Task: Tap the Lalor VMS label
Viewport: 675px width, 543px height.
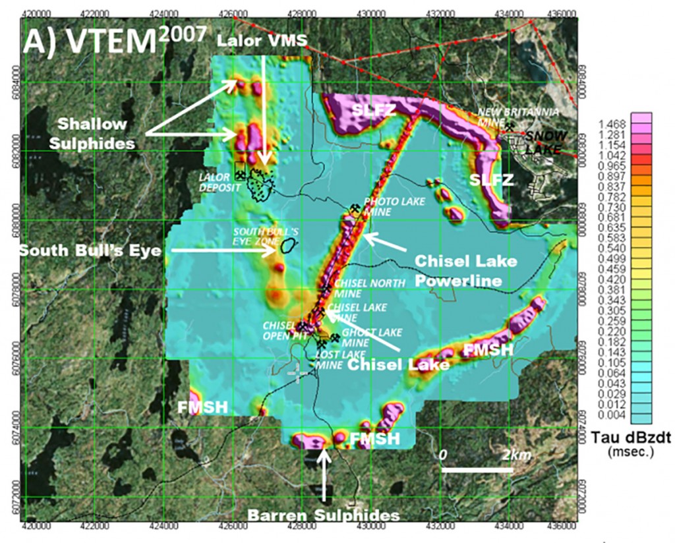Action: coord(262,41)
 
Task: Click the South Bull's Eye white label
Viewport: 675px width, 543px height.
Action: coord(84,250)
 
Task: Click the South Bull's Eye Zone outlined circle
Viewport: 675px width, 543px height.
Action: coord(288,246)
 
